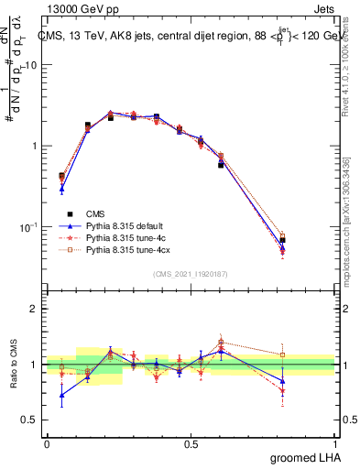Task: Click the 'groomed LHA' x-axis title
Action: pos(309,457)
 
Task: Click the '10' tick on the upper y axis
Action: pos(30,65)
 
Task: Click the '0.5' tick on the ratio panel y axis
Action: pos(30,420)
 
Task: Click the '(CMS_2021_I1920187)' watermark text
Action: pos(191,274)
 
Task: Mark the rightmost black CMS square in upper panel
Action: pos(308,240)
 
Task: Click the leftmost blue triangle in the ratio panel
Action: pos(61,396)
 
